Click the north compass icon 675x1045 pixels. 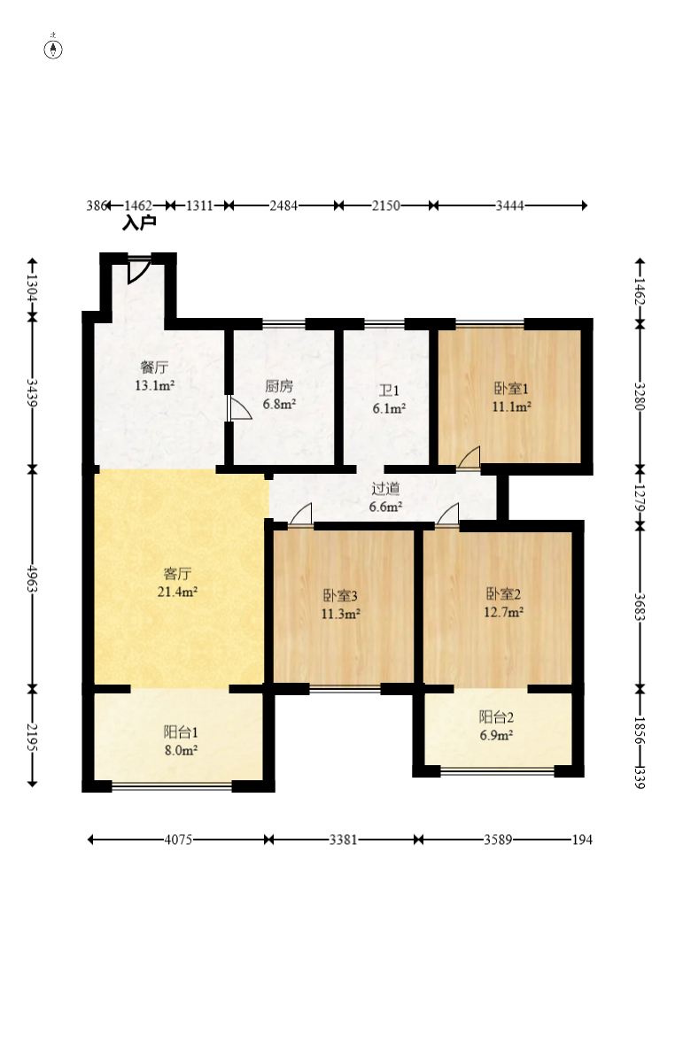53,48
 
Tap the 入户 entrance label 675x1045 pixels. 138,223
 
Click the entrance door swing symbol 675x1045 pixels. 138,269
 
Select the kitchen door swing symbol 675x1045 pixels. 239,408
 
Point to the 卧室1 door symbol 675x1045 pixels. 469,458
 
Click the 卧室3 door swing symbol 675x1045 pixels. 301,515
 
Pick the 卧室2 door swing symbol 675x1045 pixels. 447,515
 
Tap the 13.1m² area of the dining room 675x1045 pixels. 155,385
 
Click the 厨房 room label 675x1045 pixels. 279,386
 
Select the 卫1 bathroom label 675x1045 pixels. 389,391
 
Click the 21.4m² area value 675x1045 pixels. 177,592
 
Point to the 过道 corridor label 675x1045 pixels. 386,489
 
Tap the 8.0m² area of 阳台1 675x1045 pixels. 181,750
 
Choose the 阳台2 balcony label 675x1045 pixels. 496,717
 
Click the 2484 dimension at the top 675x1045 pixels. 283,206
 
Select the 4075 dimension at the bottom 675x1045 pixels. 178,840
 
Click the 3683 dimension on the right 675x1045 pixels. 640,607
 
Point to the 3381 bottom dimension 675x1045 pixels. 343,840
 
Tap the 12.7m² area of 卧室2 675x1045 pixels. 503,612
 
